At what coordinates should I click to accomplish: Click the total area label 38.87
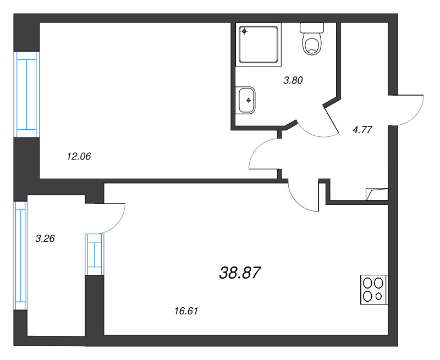click(240, 273)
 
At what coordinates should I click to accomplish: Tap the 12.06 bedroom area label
click(79, 156)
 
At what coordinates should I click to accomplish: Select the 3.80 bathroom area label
click(293, 80)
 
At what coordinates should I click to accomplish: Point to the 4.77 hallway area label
click(362, 130)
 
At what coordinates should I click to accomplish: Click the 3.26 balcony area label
click(45, 239)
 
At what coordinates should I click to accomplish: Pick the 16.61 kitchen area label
click(186, 311)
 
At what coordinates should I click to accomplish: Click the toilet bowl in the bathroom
click(312, 44)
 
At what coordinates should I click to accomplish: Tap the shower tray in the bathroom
click(258, 45)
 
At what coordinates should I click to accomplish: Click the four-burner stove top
click(374, 290)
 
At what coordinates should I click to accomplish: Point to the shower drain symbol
click(244, 31)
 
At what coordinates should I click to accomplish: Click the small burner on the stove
click(379, 296)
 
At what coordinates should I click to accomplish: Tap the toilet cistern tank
click(312, 27)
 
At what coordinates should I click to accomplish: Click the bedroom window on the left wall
click(26, 95)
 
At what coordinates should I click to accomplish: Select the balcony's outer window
click(20, 256)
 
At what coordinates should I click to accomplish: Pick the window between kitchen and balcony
click(95, 254)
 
